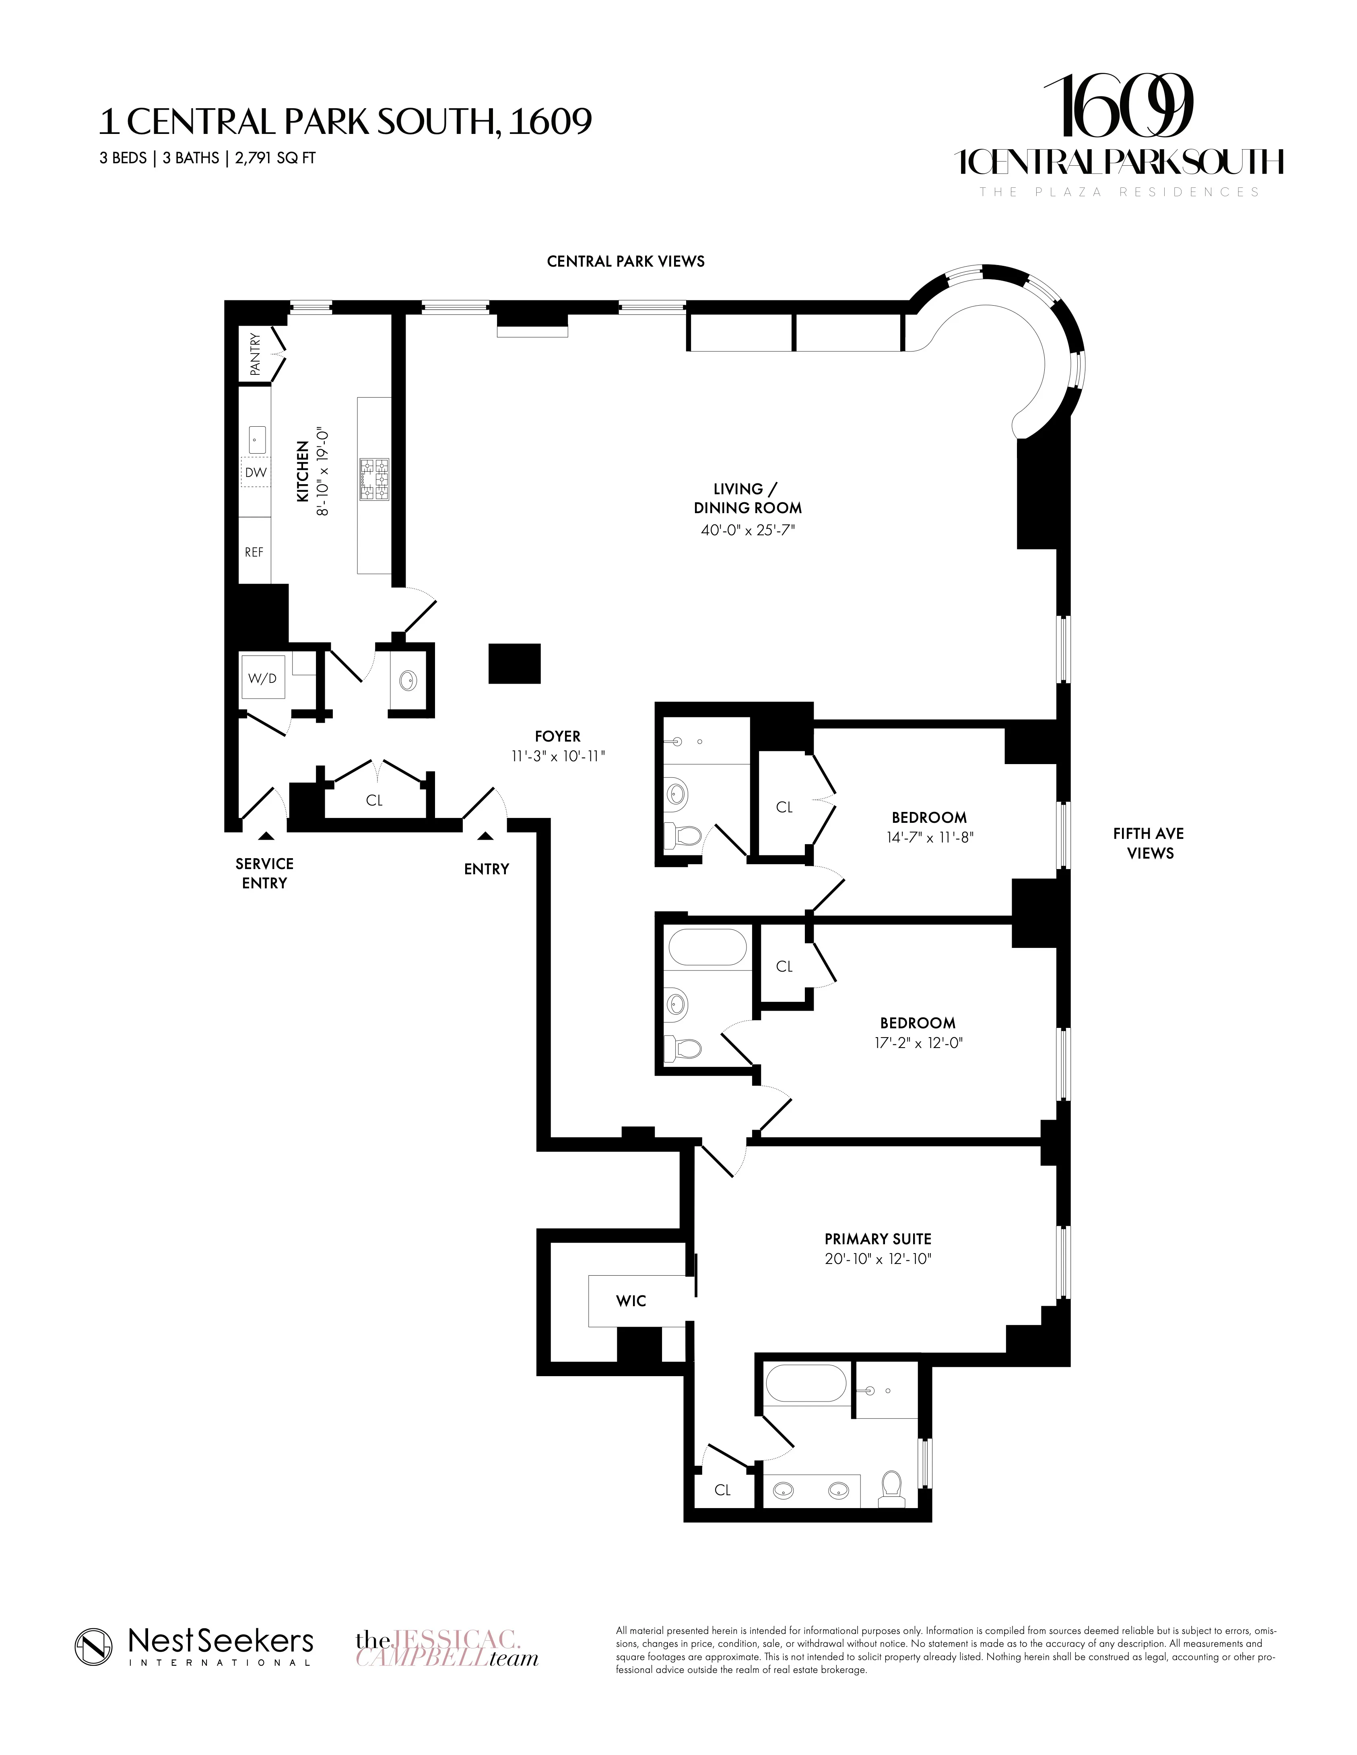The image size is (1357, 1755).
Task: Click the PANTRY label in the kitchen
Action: point(255,354)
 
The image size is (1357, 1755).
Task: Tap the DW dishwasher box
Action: point(256,473)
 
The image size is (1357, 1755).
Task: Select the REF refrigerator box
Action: point(254,552)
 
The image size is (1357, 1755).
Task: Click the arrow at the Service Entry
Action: point(266,836)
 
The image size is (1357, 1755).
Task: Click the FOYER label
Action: point(557,736)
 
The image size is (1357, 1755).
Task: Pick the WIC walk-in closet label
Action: point(631,1300)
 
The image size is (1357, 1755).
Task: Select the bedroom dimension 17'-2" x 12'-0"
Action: point(917,1043)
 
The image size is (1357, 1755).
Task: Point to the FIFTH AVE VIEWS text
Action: point(1149,843)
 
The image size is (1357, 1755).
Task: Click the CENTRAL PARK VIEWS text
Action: point(625,261)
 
